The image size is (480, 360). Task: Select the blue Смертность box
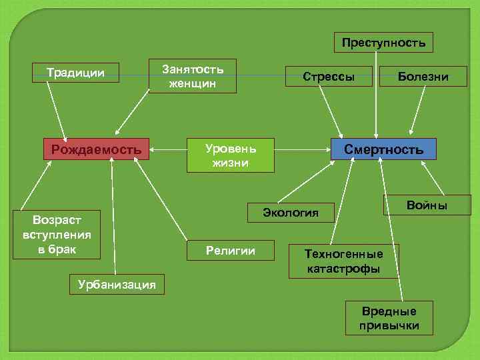pyautogui.click(x=383, y=149)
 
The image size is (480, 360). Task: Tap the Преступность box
pyautogui.click(x=383, y=43)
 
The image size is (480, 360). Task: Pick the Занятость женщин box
pyautogui.click(x=193, y=75)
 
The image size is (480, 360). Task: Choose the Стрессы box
pyautogui.click(x=329, y=77)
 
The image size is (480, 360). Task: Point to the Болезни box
pyautogui.click(x=423, y=77)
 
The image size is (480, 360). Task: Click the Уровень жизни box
pyautogui.click(x=230, y=155)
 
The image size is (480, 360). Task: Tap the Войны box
pyautogui.click(x=427, y=205)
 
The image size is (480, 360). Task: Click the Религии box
pyautogui.click(x=230, y=251)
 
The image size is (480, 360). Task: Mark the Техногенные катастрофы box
pyautogui.click(x=343, y=261)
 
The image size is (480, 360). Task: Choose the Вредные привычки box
pyautogui.click(x=389, y=318)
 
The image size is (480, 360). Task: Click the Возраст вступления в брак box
pyautogui.click(x=57, y=234)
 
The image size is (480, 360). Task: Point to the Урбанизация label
pyautogui.click(x=117, y=285)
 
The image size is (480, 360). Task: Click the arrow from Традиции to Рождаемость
pyautogui.click(x=57, y=110)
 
